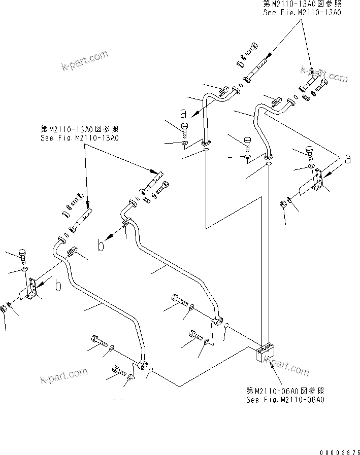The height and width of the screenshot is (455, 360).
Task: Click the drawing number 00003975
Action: pos(339,450)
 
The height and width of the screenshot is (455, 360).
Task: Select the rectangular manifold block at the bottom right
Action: pos(266,353)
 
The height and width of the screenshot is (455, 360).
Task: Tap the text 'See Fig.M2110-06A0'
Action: pos(285,399)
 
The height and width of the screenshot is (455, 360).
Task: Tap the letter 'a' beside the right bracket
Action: pos(347,159)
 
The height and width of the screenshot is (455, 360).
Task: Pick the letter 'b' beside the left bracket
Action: pos(59,286)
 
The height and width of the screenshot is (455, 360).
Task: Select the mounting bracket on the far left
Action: pos(31,290)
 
